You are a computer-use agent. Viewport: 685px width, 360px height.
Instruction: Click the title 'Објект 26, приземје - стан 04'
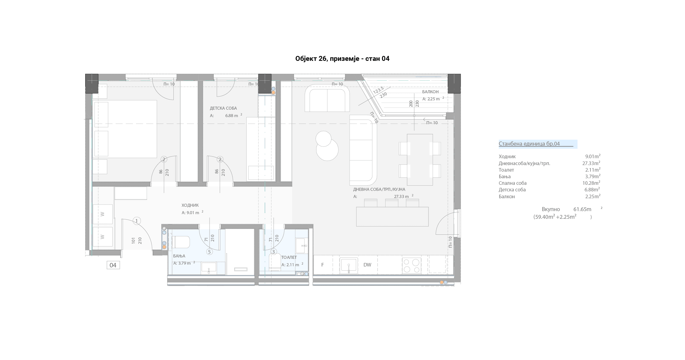[342, 59]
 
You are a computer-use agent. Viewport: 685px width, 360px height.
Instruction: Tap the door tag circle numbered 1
[137, 221]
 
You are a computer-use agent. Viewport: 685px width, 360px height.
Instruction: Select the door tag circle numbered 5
[210, 252]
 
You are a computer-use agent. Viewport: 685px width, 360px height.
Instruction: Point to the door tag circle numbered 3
[273, 252]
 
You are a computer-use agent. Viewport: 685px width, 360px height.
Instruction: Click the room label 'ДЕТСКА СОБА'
[223, 108]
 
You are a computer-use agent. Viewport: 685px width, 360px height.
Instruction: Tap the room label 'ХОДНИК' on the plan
[190, 205]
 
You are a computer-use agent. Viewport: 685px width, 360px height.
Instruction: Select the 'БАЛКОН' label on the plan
[430, 92]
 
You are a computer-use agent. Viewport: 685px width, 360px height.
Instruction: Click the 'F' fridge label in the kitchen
[322, 265]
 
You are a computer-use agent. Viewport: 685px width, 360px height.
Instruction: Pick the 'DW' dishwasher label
[367, 265]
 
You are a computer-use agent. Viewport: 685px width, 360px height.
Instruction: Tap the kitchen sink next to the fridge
[349, 266]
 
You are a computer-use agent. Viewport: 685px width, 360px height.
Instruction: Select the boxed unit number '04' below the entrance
[113, 265]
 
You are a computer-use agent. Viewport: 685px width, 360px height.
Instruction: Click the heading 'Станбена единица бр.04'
[529, 144]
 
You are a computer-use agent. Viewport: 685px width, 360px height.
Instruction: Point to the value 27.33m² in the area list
[591, 163]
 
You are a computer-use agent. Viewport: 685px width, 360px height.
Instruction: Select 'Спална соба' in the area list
[513, 183]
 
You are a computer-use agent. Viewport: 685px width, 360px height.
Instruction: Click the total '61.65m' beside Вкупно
[582, 209]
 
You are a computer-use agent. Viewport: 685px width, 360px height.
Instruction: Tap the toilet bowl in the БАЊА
[181, 242]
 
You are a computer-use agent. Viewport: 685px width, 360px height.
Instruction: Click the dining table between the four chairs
[420, 160]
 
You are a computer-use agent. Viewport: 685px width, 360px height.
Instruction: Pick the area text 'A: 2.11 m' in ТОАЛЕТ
[290, 265]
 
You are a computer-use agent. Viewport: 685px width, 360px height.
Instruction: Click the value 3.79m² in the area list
[593, 176]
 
